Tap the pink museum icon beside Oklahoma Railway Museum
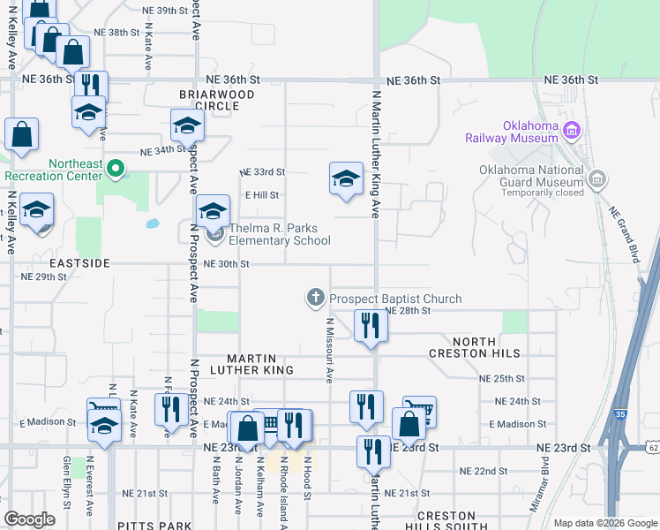point(571,132)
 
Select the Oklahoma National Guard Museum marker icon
point(597,179)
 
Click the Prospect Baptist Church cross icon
point(316,299)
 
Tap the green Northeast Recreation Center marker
point(115,168)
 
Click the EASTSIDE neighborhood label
point(79,263)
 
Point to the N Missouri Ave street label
point(328,350)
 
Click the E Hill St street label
point(261,195)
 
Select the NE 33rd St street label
point(263,171)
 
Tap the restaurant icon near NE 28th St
point(370,327)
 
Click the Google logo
point(29,519)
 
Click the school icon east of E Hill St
point(347,179)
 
